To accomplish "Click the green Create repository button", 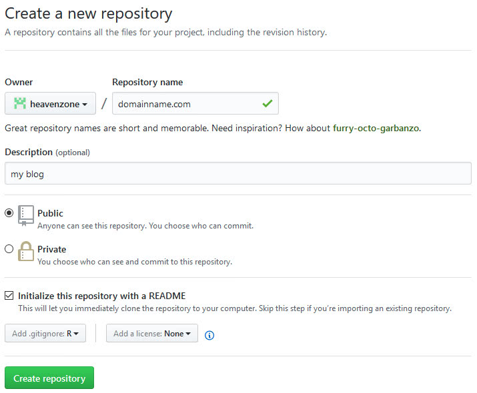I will [x=49, y=378].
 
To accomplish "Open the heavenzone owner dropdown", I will [x=50, y=104].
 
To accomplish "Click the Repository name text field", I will [x=187, y=104].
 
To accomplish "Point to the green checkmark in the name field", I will [x=268, y=104].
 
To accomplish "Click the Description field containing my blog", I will [x=237, y=173].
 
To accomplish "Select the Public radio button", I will [x=9, y=213].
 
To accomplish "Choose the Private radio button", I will [x=9, y=249].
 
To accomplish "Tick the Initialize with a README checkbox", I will [x=9, y=295].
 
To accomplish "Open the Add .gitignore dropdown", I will [x=45, y=333].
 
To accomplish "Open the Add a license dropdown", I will [x=152, y=333].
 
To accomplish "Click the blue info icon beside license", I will [x=209, y=335].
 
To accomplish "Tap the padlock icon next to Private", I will [x=26, y=251].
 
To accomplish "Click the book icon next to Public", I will [x=26, y=214].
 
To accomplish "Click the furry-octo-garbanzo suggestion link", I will [x=376, y=128].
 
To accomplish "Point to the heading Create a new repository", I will [x=89, y=13].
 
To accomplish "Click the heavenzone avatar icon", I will [x=20, y=104].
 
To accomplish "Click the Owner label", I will [x=19, y=82].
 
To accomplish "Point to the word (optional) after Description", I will [x=72, y=153].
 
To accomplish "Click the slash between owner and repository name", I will [x=104, y=104].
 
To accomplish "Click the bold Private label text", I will [x=52, y=249].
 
